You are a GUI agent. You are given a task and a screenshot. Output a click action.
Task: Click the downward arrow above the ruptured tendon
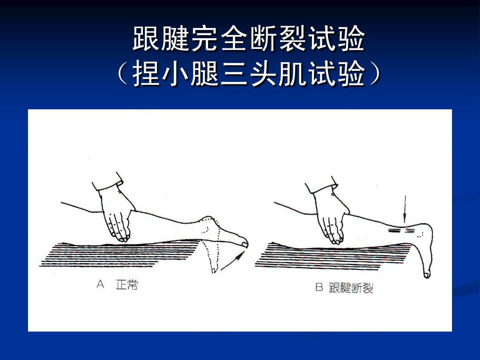point(404,209)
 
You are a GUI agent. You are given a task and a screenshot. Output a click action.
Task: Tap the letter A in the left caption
point(100,284)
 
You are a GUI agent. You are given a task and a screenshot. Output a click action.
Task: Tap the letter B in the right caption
point(319,288)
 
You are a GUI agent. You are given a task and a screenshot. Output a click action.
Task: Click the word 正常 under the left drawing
point(127,285)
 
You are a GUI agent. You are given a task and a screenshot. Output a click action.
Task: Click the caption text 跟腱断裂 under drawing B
point(351,288)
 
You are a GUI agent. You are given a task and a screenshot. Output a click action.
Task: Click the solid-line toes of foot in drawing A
point(243,243)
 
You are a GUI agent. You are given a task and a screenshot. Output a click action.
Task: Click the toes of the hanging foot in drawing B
point(427,274)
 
